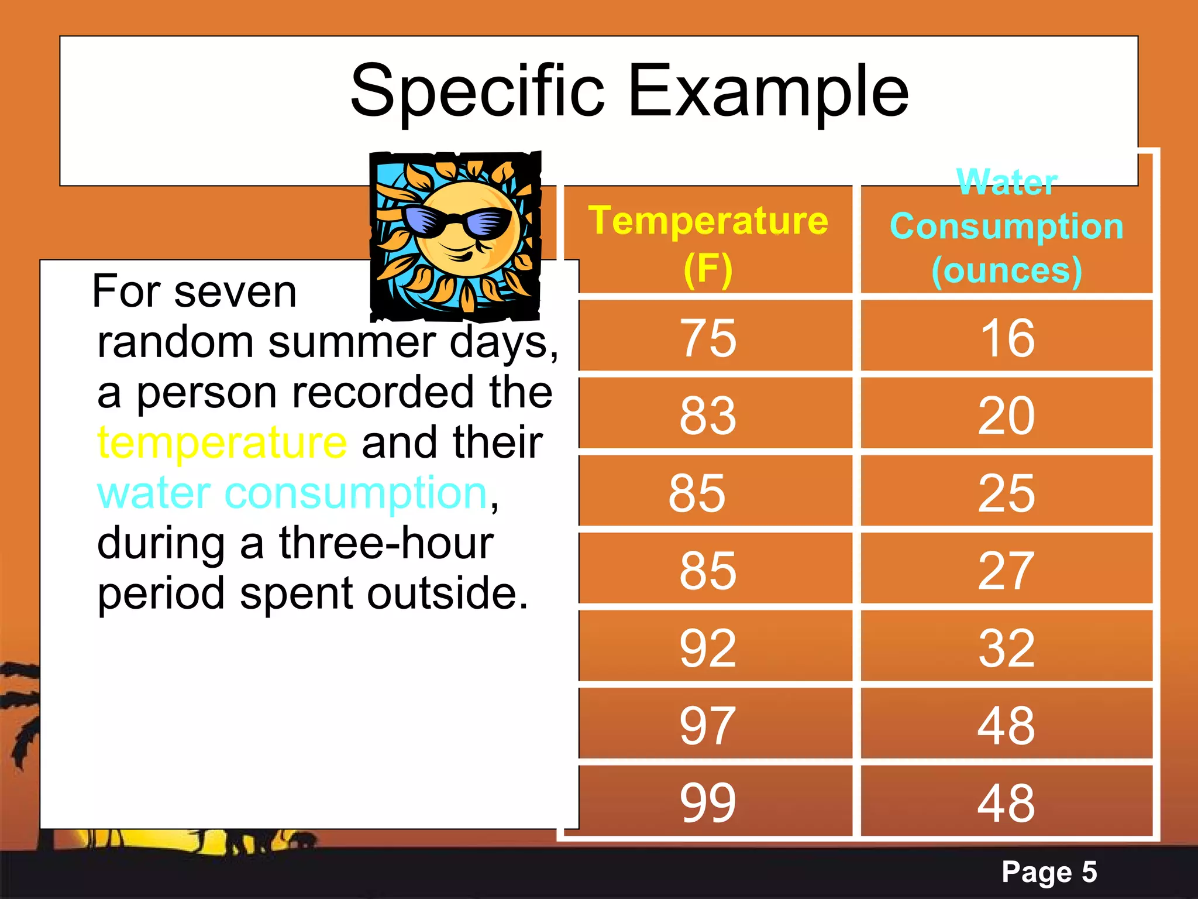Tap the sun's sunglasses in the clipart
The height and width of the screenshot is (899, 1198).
[x=462, y=224]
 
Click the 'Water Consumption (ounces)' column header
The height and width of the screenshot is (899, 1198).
[x=1006, y=227]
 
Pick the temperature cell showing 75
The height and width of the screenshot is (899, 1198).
[x=708, y=338]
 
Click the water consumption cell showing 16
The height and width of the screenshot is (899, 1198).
[x=1007, y=338]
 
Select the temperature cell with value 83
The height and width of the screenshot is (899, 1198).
[x=708, y=415]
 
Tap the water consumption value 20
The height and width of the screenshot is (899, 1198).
[x=1007, y=415]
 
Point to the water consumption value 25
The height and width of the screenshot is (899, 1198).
[x=1007, y=493]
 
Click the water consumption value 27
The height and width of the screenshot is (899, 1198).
[x=1007, y=570]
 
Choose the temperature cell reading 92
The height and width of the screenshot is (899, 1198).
[x=708, y=648]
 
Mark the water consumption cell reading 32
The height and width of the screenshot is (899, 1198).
[x=1007, y=648]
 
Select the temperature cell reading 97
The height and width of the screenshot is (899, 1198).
[x=708, y=725]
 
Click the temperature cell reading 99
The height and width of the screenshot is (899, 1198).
[x=708, y=802]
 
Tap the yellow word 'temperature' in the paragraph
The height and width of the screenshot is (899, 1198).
[x=222, y=443]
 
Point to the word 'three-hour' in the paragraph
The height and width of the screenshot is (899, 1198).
[x=386, y=543]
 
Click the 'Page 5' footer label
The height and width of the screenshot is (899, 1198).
[x=1049, y=871]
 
